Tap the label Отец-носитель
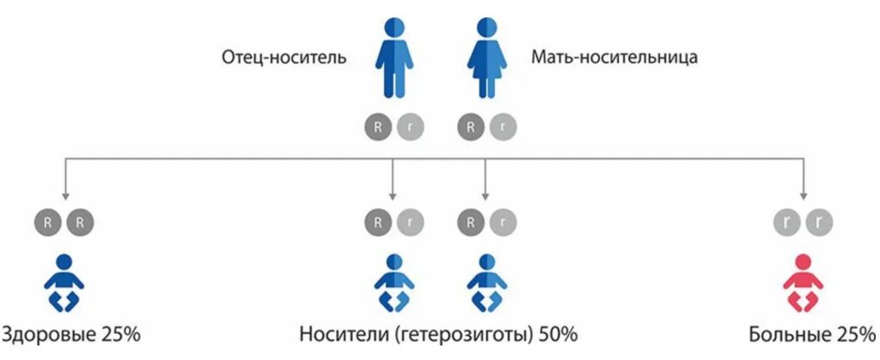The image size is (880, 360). click(x=284, y=58)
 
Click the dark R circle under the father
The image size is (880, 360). click(x=376, y=127)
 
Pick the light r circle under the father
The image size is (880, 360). click(x=409, y=127)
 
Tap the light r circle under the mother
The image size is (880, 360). click(x=504, y=127)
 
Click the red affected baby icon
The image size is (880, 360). click(x=803, y=284)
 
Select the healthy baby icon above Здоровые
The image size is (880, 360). click(x=64, y=284)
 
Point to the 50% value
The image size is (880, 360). click(x=558, y=333)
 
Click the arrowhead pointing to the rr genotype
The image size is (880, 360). click(x=803, y=195)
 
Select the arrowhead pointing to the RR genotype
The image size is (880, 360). click(x=64, y=195)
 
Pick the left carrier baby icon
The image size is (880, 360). click(x=393, y=284)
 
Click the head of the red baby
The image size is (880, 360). click(x=803, y=263)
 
